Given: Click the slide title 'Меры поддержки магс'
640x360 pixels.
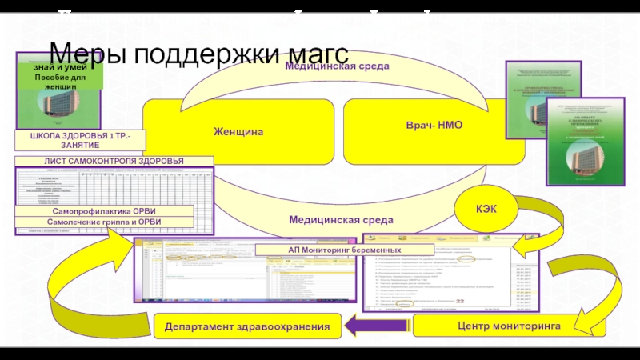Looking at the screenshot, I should pos(199,54).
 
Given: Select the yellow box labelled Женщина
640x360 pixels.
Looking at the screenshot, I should pos(238,131).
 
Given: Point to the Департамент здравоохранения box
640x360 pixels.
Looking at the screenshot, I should pos(247,326).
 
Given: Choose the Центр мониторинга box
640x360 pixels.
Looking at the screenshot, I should pos(498,326).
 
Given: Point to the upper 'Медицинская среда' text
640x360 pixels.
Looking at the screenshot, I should pos(338,66).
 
